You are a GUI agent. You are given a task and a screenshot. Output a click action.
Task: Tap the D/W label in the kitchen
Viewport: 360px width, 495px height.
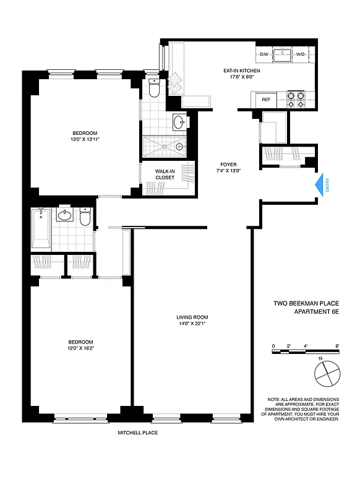pos(264,54)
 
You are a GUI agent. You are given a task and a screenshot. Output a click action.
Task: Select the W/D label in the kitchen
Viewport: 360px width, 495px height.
pos(301,54)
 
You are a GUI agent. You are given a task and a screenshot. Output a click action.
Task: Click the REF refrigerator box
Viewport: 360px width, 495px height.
pos(266,99)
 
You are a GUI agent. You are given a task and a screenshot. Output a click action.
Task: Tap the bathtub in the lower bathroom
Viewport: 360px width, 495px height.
pos(41,229)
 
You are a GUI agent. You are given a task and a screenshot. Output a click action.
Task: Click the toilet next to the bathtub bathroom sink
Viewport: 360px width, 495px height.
pos(85,217)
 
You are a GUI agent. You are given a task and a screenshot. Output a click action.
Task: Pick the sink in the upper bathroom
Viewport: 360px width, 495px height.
pos(179,121)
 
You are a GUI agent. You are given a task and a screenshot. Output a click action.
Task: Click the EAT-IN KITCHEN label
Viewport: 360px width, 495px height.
pos(242,71)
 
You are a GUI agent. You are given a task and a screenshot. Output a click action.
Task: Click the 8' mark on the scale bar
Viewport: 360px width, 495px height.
pos(337,345)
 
